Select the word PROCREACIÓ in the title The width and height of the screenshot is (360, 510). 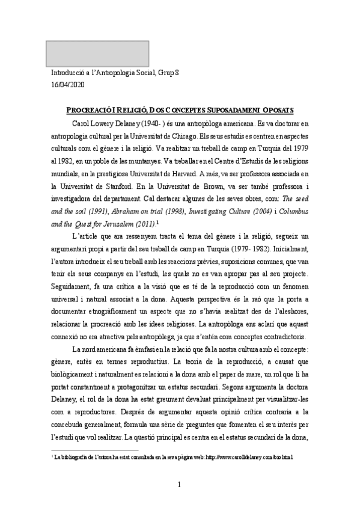pyautogui.click(x=90, y=110)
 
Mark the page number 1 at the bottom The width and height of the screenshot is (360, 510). pyautogui.click(x=180, y=485)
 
